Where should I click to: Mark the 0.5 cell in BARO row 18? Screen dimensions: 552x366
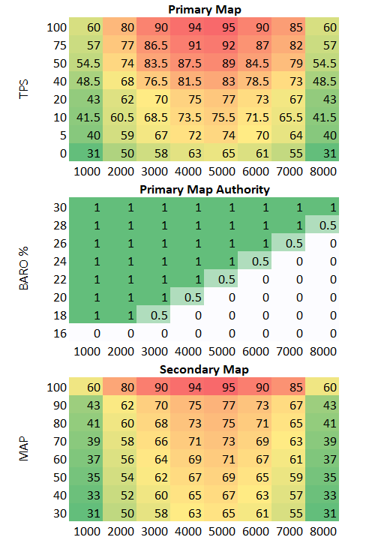pyautogui.click(x=158, y=315)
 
